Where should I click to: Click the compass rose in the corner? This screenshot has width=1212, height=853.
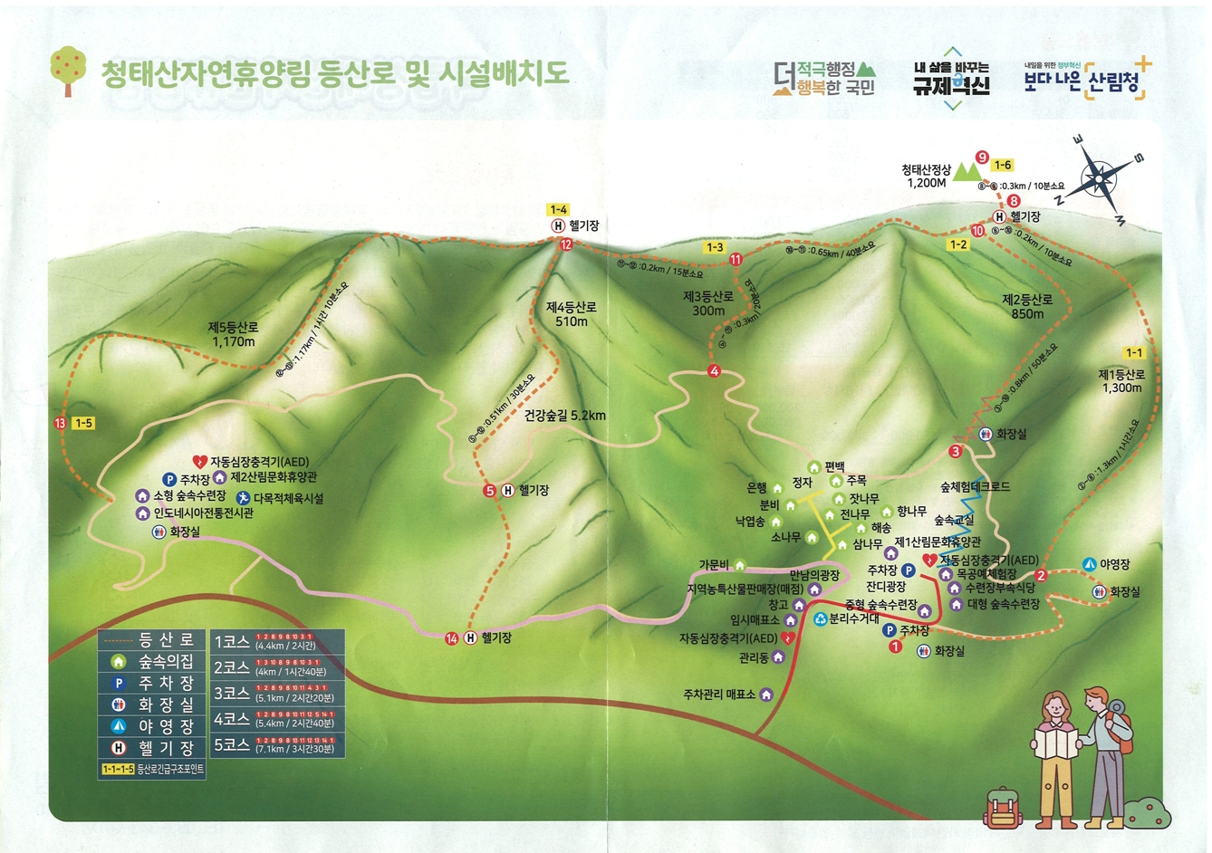point(1099,177)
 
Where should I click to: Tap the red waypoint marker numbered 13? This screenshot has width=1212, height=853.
point(60,423)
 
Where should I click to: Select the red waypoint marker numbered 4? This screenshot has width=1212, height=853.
point(714,371)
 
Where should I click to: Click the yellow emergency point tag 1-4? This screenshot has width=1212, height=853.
point(558,210)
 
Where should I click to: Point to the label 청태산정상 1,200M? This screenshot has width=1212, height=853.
point(926,176)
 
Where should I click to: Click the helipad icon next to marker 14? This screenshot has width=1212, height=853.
point(471,638)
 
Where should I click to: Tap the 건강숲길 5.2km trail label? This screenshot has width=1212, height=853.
point(564,417)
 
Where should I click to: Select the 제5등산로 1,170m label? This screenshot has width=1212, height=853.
point(234,334)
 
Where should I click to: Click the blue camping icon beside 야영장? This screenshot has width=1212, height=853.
point(1090,565)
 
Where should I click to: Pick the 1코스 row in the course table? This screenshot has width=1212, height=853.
point(277,641)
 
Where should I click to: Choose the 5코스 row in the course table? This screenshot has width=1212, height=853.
point(277,745)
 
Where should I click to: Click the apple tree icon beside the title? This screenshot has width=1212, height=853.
point(69,70)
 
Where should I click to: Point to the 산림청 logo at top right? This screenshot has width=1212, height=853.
point(1088,80)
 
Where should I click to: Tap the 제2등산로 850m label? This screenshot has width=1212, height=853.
point(1027,306)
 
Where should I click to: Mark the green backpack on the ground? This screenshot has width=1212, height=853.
point(1002,807)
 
